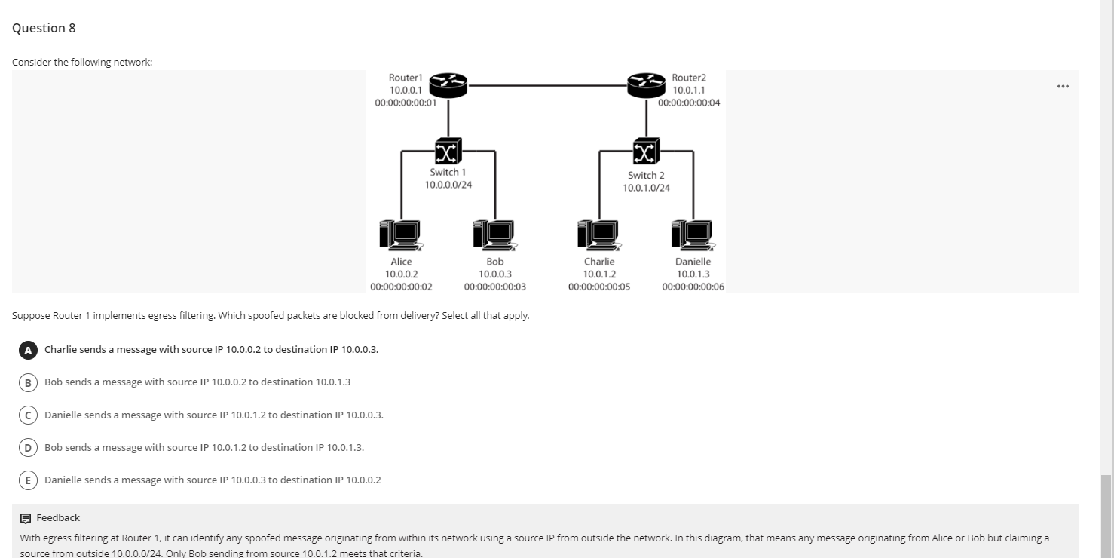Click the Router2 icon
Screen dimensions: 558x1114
(x=647, y=85)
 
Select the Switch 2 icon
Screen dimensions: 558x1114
(x=646, y=152)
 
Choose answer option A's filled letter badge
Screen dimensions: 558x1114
(x=29, y=350)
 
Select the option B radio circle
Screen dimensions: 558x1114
(x=29, y=382)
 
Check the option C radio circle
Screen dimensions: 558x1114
(x=29, y=415)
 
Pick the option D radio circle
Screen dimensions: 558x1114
(x=29, y=448)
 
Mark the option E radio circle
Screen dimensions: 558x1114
(x=29, y=480)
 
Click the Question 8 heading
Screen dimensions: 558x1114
(x=44, y=28)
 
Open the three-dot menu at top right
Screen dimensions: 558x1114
(x=1063, y=86)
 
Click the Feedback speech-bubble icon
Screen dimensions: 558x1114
(x=26, y=518)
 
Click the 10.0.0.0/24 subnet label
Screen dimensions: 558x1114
(x=448, y=185)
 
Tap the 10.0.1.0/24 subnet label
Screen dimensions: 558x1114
(x=646, y=188)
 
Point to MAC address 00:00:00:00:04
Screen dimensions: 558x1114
(x=689, y=103)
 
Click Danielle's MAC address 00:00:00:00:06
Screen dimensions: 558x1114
(x=693, y=287)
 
